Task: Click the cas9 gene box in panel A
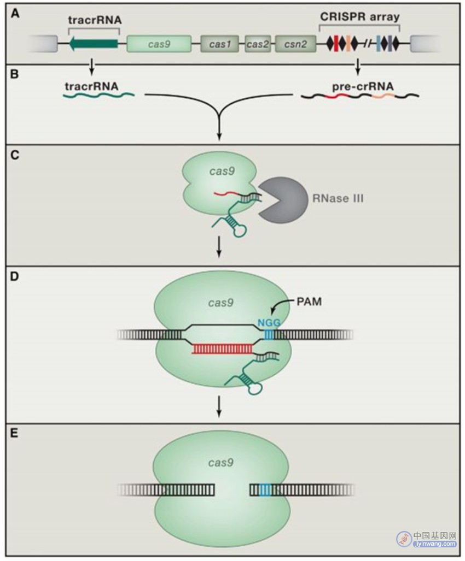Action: pyautogui.click(x=159, y=44)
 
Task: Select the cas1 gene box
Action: pyautogui.click(x=219, y=44)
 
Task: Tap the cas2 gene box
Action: pyautogui.click(x=258, y=44)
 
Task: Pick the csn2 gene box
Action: pyautogui.click(x=295, y=44)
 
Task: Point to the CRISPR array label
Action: pyautogui.click(x=359, y=16)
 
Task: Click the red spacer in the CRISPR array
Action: pyautogui.click(x=336, y=44)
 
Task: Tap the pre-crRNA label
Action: pyautogui.click(x=363, y=86)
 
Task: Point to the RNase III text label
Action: pyautogui.click(x=338, y=198)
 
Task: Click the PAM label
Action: pyautogui.click(x=309, y=302)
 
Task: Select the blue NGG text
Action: pyautogui.click(x=269, y=323)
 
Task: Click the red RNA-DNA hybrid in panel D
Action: pyautogui.click(x=222, y=349)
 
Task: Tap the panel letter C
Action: pyautogui.click(x=15, y=155)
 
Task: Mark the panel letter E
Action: pyautogui.click(x=14, y=434)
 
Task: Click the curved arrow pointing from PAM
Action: pyautogui.click(x=282, y=304)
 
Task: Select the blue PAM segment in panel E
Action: pyautogui.click(x=265, y=489)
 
